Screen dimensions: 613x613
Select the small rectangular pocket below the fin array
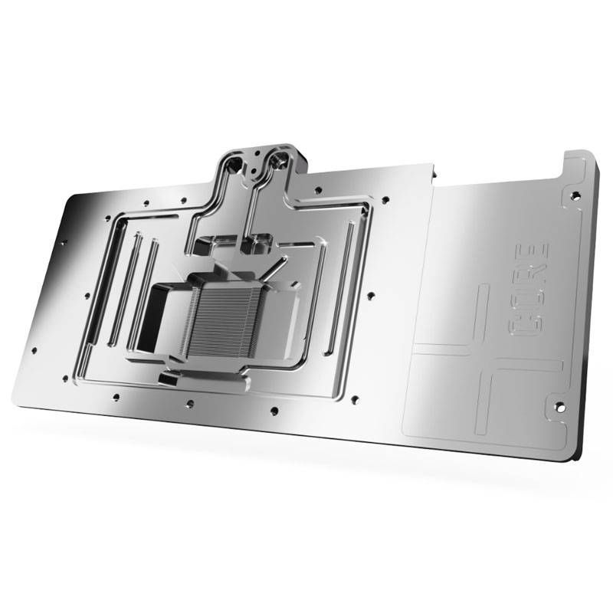click(167, 377)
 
